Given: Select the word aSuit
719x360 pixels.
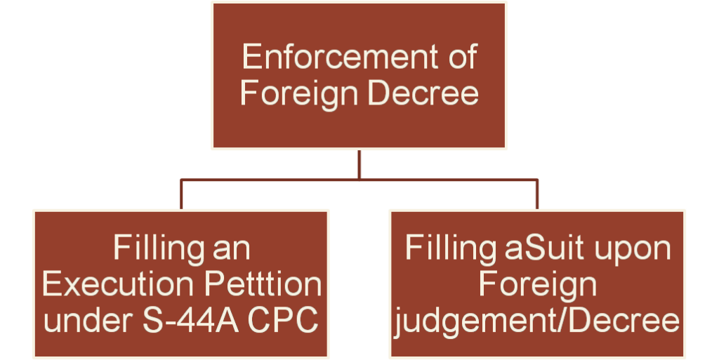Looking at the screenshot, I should tap(547, 250).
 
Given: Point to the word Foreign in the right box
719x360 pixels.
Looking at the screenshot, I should tap(537, 286).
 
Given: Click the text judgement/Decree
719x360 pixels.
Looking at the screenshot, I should tap(537, 321).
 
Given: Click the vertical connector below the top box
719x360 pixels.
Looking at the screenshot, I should tap(359, 164).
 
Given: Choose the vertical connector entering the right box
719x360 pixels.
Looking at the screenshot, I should tap(537, 194).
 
